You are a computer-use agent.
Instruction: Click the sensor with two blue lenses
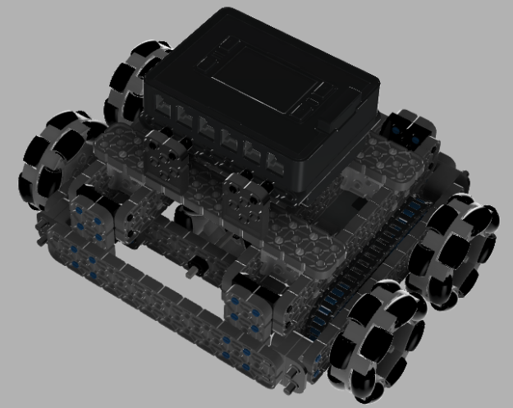pos(410,127)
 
